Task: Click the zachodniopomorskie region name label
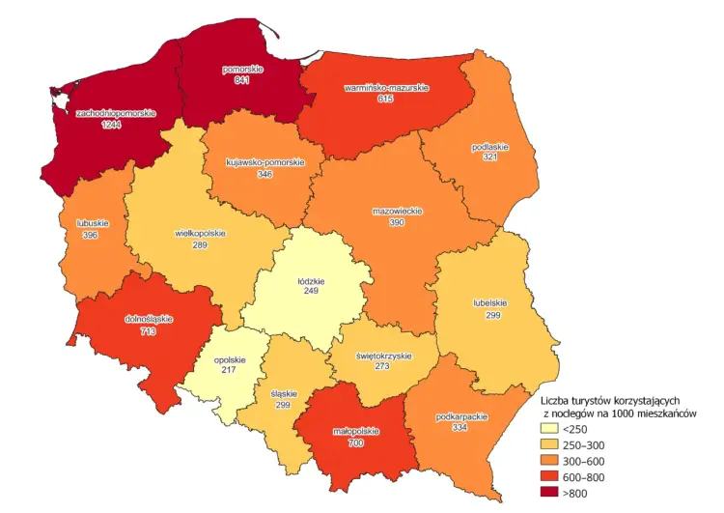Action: pos(116,113)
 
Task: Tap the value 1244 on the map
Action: pos(112,125)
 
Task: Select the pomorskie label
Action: pos(241,70)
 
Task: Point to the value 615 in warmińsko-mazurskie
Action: pos(386,100)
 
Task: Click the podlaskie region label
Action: pos(490,147)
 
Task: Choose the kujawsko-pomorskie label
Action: pos(265,162)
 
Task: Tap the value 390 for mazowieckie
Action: pos(397,222)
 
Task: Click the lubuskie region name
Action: pos(92,223)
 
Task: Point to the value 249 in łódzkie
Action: pos(311,291)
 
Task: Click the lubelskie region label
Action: pos(490,303)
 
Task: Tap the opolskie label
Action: pos(230,360)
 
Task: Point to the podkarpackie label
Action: pos(461,416)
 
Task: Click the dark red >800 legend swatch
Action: pos(549,494)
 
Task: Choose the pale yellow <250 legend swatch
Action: pos(549,428)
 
